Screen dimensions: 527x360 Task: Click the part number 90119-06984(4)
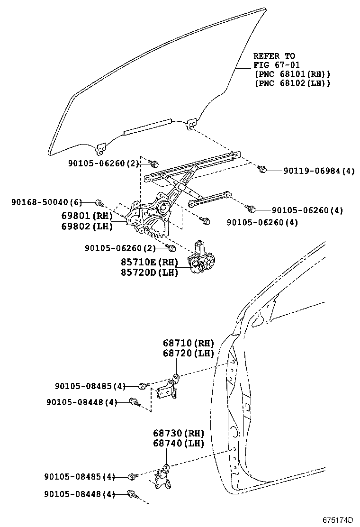319,171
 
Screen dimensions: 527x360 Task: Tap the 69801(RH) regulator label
87,216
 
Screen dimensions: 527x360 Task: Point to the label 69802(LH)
87,226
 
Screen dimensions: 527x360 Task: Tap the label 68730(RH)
178,433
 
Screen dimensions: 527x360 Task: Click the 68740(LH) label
178,444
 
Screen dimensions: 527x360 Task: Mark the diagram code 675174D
338,519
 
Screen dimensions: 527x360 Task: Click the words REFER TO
274,56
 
